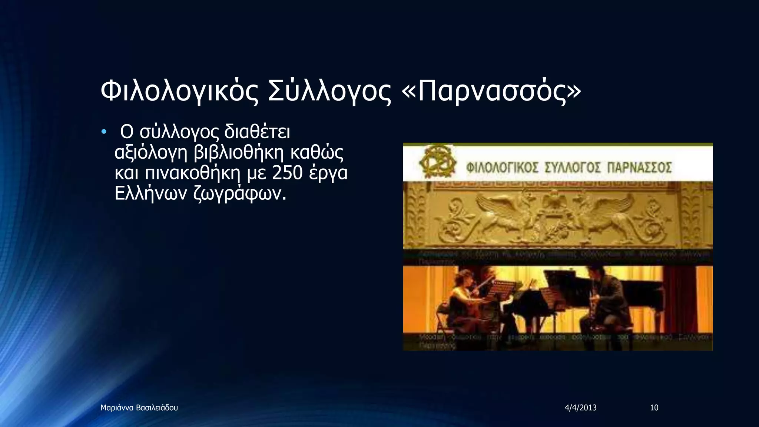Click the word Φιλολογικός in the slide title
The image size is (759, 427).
pyautogui.click(x=179, y=92)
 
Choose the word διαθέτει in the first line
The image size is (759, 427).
pyautogui.click(x=257, y=132)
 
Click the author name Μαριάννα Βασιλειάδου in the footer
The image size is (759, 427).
pyautogui.click(x=139, y=408)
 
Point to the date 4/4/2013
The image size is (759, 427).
pyautogui.click(x=581, y=408)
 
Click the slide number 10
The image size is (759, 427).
pyautogui.click(x=654, y=408)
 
